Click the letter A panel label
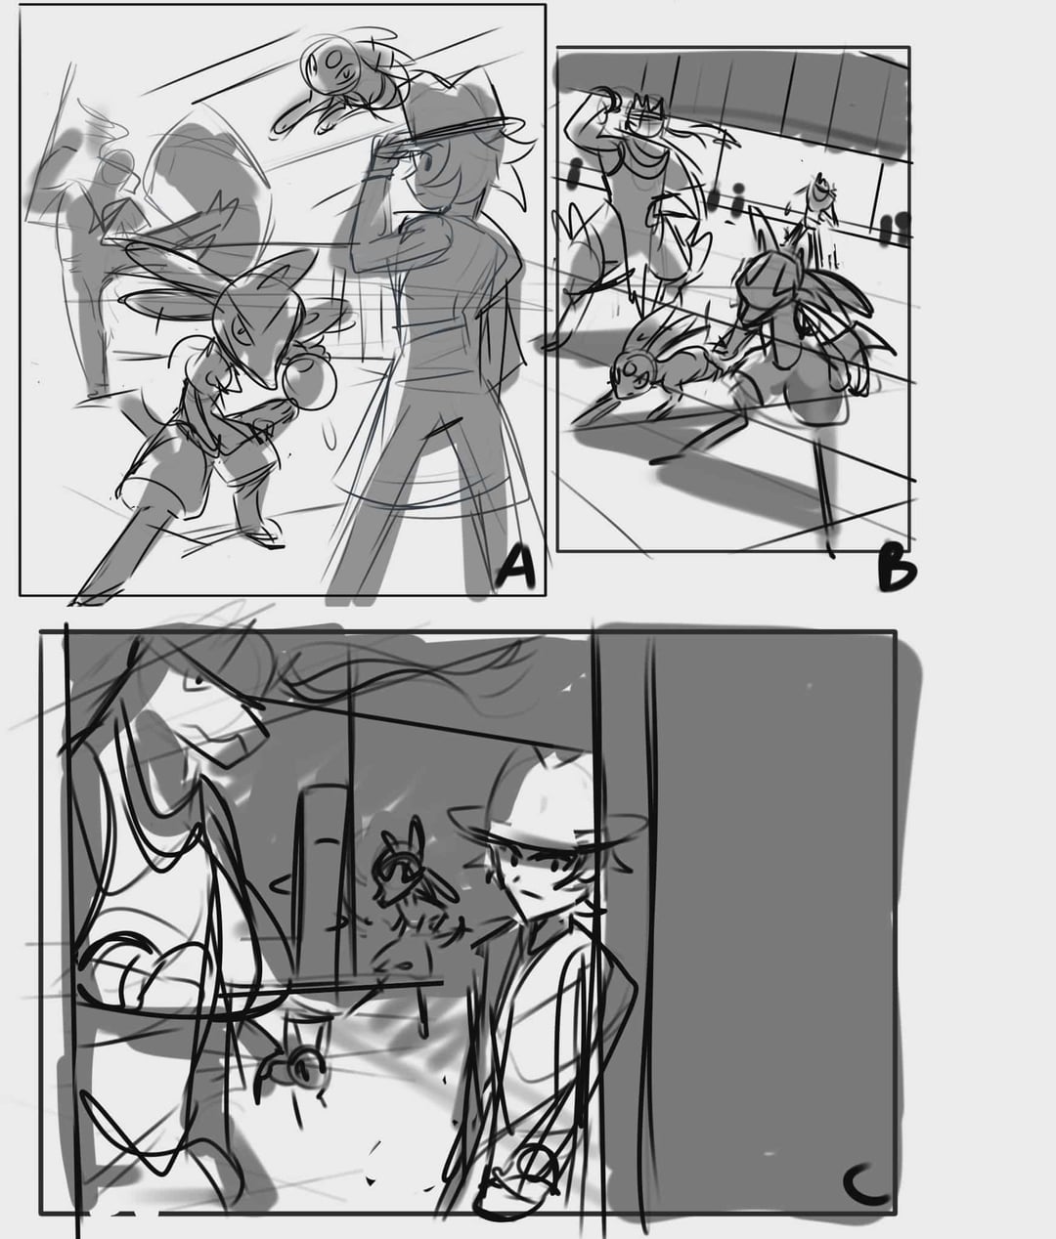(x=516, y=569)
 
